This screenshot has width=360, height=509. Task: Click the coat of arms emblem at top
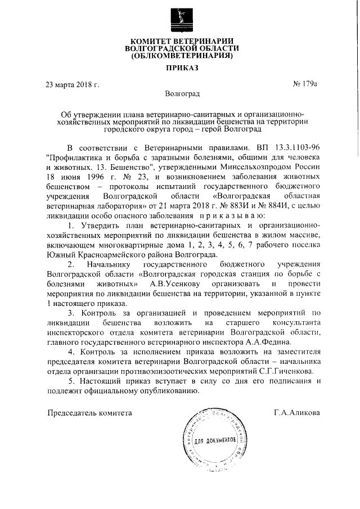pos(181,21)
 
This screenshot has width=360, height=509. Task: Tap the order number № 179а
pos(305,85)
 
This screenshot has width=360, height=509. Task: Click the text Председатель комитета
pos(89,413)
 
